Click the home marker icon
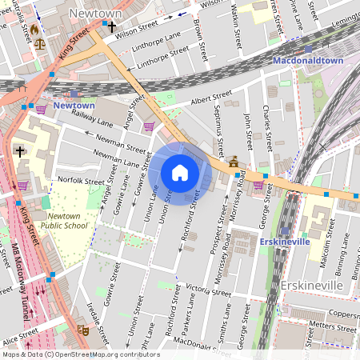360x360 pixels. [x=180, y=173]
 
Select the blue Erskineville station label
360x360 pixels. [x=286, y=241]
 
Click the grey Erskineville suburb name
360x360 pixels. [x=311, y=285]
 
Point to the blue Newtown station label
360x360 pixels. [x=74, y=106]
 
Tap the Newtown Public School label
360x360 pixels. [x=69, y=221]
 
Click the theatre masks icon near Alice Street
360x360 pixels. [x=82, y=329]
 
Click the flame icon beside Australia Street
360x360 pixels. [x=34, y=30]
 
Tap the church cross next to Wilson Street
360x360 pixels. [x=112, y=27]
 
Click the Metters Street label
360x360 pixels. [x=332, y=327]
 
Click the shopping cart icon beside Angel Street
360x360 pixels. [x=149, y=126]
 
